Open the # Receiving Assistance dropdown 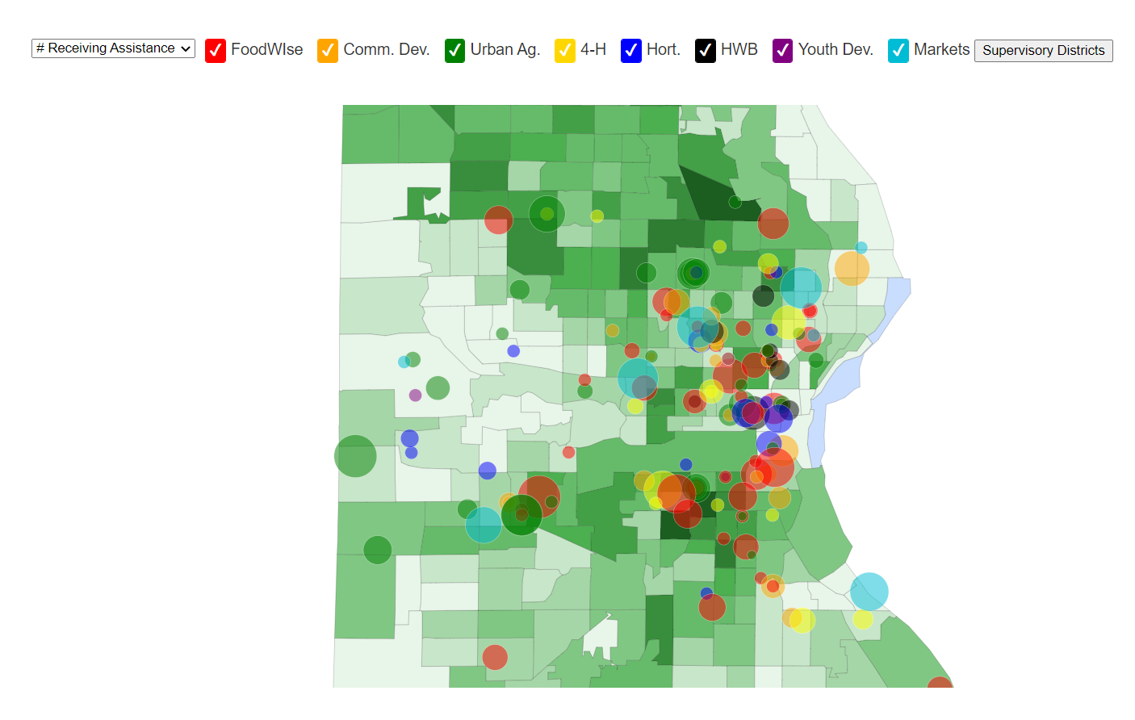(113, 48)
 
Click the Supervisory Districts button (1043, 50)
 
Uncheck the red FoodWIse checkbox (216, 50)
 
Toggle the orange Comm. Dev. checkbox (328, 50)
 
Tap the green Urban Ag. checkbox (454, 50)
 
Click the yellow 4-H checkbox (565, 50)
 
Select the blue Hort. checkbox (631, 50)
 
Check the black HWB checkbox (706, 50)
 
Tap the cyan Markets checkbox (898, 50)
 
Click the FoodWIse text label (266, 49)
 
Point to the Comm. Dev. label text (386, 49)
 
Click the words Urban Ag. (505, 49)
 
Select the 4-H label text (593, 49)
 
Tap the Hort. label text (663, 49)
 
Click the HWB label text (739, 49)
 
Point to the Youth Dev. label (836, 49)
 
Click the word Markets (941, 49)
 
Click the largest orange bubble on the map (852, 268)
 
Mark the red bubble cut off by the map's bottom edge (940, 684)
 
